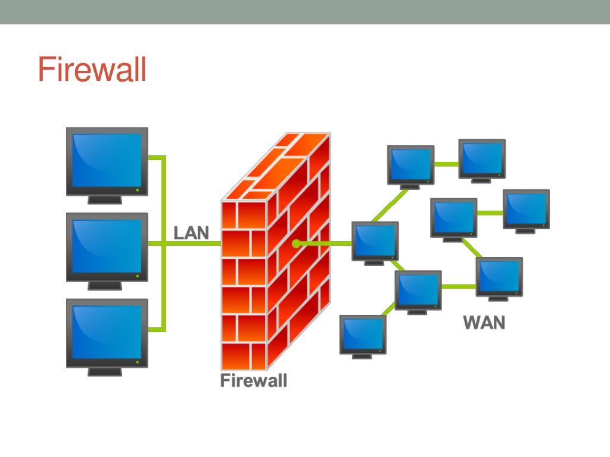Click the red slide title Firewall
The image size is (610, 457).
[92, 70]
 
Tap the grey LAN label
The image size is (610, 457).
[191, 233]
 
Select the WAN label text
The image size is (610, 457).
[484, 323]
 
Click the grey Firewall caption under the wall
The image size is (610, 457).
[253, 381]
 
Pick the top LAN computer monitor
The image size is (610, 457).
[107, 161]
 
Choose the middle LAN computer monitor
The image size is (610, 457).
[107, 246]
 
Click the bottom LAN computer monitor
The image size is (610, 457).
[107, 332]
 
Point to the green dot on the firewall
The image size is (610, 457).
[295, 243]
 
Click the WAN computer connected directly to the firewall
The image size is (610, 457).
[375, 240]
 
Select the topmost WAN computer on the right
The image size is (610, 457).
[482, 158]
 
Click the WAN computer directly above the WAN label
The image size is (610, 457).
[499, 276]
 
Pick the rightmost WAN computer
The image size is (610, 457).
[526, 208]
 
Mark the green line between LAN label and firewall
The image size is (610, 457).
[215, 243]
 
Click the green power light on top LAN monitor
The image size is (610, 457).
[138, 190]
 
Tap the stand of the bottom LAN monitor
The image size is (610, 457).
[105, 371]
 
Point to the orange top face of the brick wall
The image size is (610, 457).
[280, 164]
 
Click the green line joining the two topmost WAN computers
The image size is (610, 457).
[446, 164]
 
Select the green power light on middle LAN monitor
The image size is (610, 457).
[138, 276]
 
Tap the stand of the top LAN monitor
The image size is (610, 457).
[105, 199]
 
